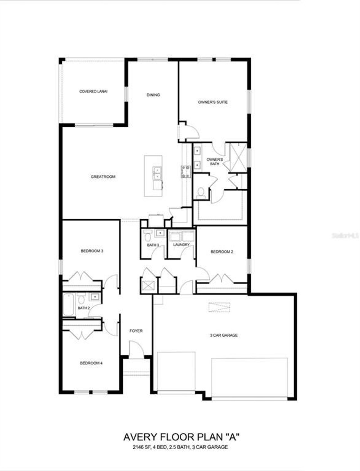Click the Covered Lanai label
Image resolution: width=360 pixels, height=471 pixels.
tap(93, 91)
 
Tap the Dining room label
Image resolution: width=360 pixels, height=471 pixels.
tap(153, 95)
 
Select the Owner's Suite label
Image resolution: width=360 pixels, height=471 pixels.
tap(213, 102)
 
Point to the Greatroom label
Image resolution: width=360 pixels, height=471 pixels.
tap(103, 177)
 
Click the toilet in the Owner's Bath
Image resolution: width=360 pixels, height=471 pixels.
tap(201, 192)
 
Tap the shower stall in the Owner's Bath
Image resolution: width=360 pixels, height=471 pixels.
tap(238, 157)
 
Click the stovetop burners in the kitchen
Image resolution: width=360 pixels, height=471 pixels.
tap(185, 172)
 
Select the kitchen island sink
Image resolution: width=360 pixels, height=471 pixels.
tap(156, 173)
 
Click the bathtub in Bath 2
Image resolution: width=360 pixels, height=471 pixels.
tap(68, 305)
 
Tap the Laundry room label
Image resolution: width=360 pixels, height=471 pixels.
tap(181, 245)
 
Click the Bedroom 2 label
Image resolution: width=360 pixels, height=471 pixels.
tap(222, 252)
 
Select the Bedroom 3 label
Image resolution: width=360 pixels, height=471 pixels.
tap(92, 251)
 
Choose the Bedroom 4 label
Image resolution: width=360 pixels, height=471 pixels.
tap(91, 363)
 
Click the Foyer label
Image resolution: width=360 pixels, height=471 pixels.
tap(136, 331)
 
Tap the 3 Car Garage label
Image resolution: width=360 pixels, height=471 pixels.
tap(224, 335)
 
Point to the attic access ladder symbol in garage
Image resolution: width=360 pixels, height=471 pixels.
tap(219, 307)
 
